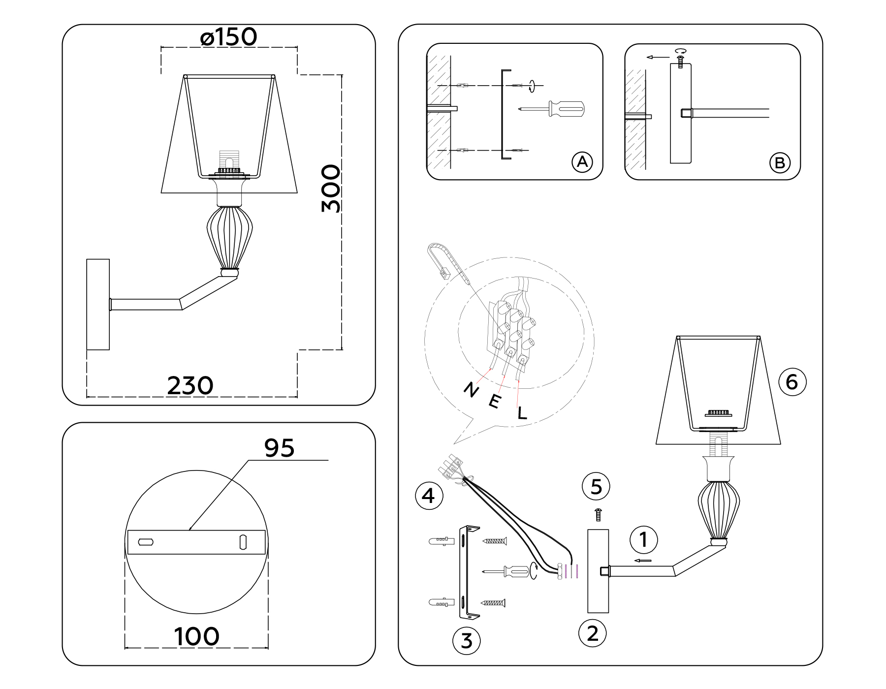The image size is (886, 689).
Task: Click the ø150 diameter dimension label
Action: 229,37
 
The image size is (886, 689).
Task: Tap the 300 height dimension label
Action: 331,188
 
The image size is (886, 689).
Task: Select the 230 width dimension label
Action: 190,385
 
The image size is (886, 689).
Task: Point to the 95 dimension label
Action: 279,448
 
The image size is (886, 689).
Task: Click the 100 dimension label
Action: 196,636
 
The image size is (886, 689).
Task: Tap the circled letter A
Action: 582,162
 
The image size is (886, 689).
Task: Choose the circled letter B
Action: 780,163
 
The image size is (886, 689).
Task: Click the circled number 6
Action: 792,382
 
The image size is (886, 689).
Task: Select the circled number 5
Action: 596,487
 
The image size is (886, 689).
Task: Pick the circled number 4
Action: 429,496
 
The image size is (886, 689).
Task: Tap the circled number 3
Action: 467,641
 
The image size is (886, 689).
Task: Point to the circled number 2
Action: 593,633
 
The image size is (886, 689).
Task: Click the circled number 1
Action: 643,539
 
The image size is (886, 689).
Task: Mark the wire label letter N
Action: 471,390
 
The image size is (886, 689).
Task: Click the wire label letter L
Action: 522,412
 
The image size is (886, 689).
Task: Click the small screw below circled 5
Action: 599,514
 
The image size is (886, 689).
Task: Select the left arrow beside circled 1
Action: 642,561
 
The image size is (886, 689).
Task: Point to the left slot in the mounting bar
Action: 146,542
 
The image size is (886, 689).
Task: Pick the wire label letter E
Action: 495,402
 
